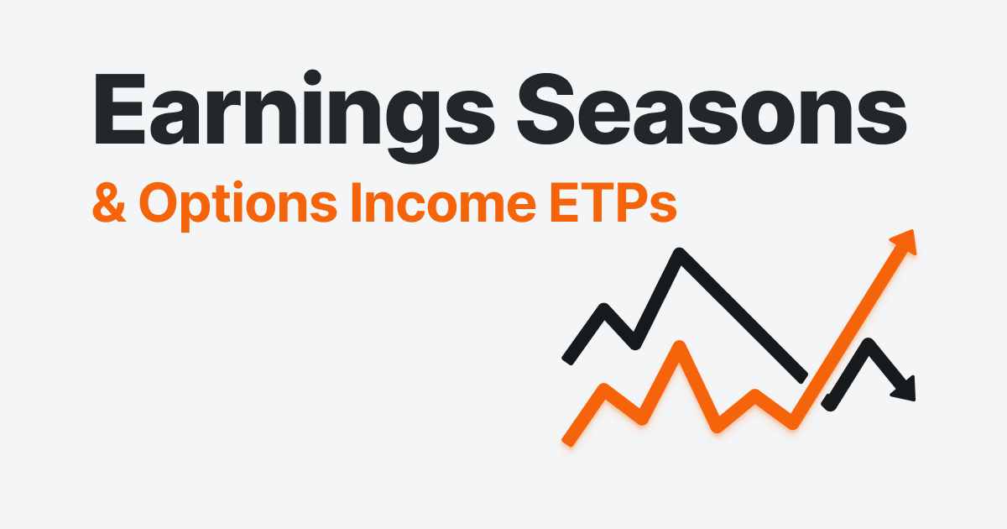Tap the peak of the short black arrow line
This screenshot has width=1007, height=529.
[869, 343]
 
